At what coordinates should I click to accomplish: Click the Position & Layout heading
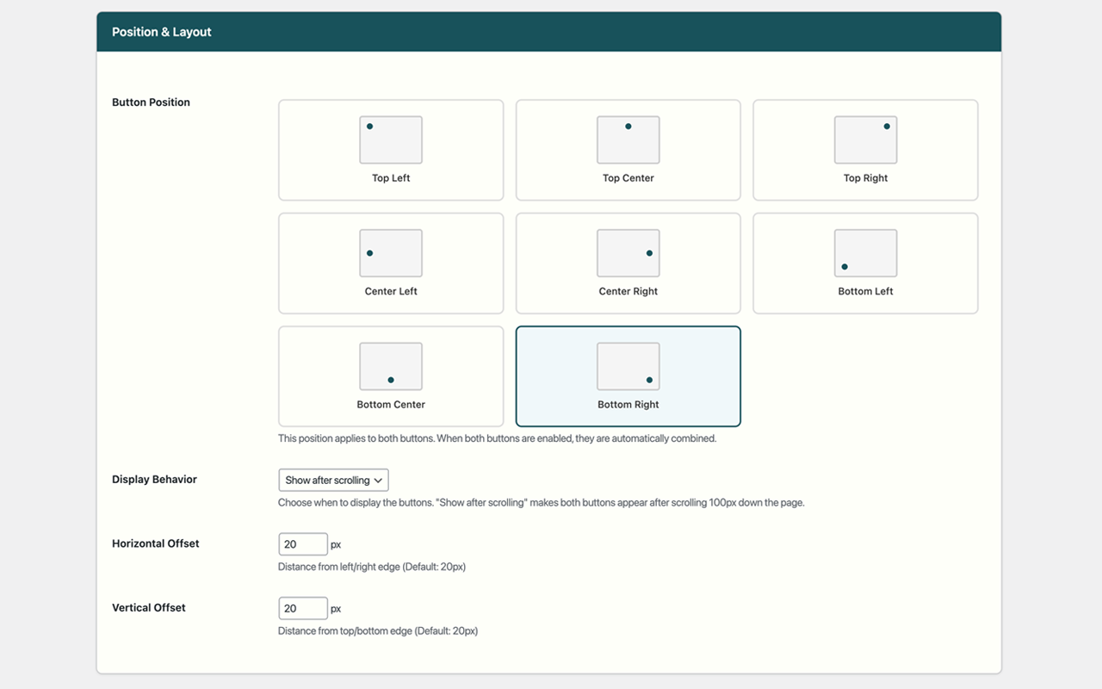(x=162, y=32)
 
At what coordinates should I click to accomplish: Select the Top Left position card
(x=391, y=150)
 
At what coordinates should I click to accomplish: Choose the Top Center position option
(x=628, y=150)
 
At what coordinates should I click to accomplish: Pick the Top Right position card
(x=865, y=150)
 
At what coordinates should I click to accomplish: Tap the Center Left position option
(x=391, y=263)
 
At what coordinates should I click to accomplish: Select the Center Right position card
(x=628, y=263)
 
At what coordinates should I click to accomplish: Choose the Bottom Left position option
(x=865, y=263)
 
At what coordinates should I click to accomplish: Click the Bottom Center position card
(x=391, y=376)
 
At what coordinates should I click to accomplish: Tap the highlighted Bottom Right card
(x=628, y=376)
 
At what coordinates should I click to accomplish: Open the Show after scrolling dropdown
(x=333, y=480)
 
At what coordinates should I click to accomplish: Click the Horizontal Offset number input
(x=302, y=544)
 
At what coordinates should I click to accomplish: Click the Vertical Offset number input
(x=302, y=608)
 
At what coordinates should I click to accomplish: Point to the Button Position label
(x=151, y=102)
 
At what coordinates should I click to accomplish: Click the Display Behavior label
(x=154, y=480)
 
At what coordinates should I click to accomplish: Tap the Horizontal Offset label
(x=155, y=543)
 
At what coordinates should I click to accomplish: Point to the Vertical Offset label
(x=148, y=607)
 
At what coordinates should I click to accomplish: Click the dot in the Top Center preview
(x=628, y=127)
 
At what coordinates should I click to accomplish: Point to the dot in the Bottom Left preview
(x=845, y=267)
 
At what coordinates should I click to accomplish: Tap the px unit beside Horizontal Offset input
(x=336, y=544)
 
